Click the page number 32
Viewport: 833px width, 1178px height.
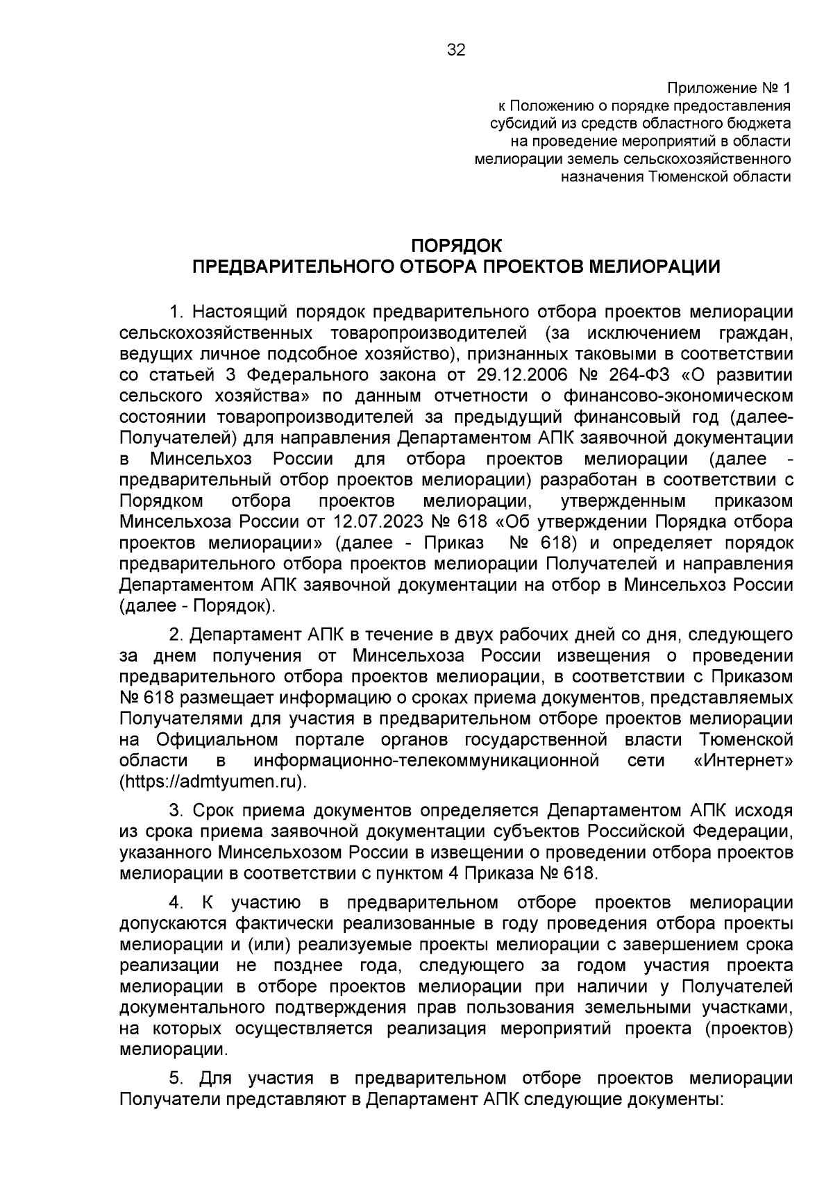456,50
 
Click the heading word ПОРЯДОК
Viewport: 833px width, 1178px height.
456,246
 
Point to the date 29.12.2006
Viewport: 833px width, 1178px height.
520,375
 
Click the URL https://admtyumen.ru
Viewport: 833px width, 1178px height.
212,781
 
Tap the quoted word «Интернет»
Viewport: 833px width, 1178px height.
743,760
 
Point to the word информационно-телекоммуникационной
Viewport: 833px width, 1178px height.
427,760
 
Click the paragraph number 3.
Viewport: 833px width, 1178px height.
176,811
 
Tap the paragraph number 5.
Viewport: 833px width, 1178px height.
176,1079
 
